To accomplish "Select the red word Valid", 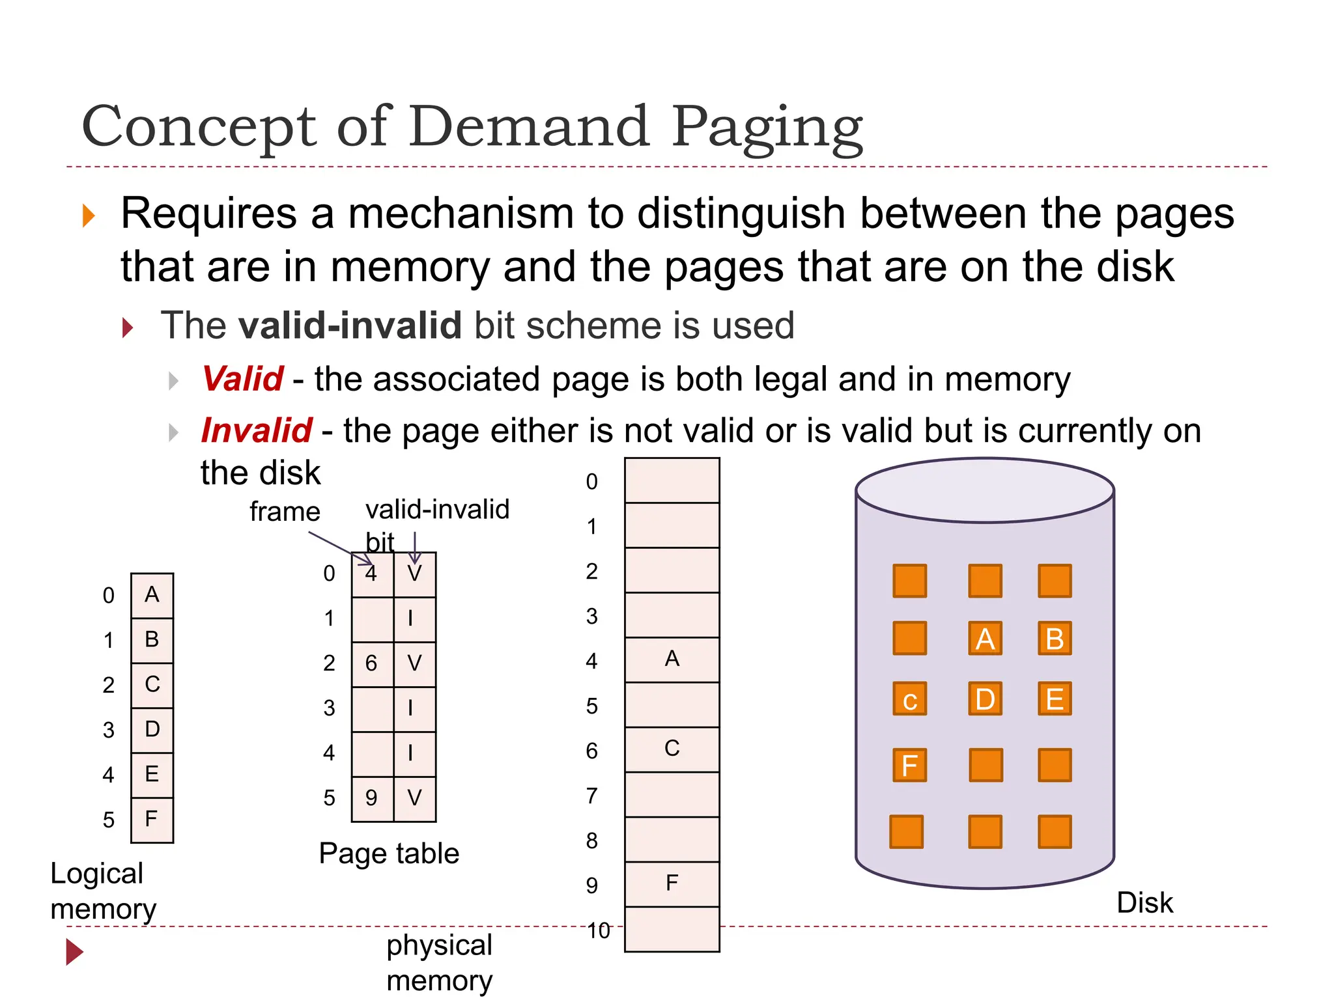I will (242, 379).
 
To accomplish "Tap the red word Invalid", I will (256, 430).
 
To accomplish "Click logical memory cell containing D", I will (152, 730).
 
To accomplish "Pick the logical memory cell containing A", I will (152, 595).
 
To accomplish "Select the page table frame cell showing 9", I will (372, 798).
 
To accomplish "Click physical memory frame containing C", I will (672, 749).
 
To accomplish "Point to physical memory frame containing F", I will (672, 884).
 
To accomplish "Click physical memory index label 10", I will (598, 931).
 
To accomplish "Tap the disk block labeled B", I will (1055, 639).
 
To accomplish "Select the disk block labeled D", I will (985, 699).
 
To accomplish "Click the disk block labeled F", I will (909, 766).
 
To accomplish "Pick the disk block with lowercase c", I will (909, 700).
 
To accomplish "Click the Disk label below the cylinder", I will (1144, 903).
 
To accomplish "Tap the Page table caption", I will (389, 854).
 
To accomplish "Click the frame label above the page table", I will (285, 512).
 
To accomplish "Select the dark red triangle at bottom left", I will (74, 952).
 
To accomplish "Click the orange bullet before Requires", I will (89, 215).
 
